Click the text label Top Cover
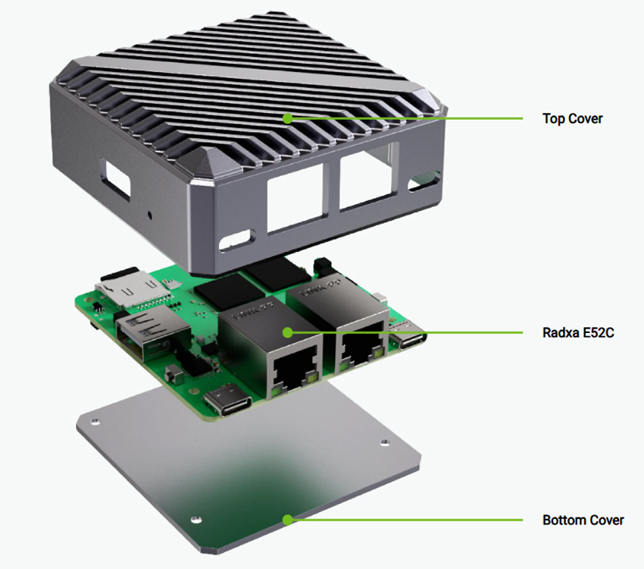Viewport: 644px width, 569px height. (x=572, y=119)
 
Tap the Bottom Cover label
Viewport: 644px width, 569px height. (x=583, y=520)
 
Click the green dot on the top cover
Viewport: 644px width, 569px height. (x=287, y=118)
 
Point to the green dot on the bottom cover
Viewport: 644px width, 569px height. (x=287, y=520)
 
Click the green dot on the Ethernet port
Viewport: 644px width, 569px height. (x=287, y=332)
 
